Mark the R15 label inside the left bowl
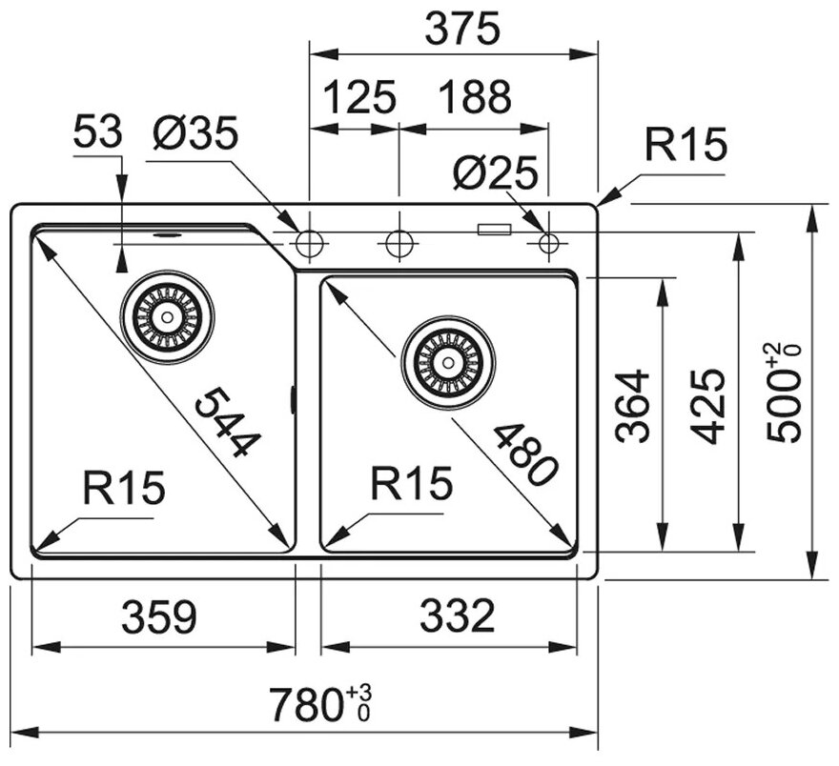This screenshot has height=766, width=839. [124, 488]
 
